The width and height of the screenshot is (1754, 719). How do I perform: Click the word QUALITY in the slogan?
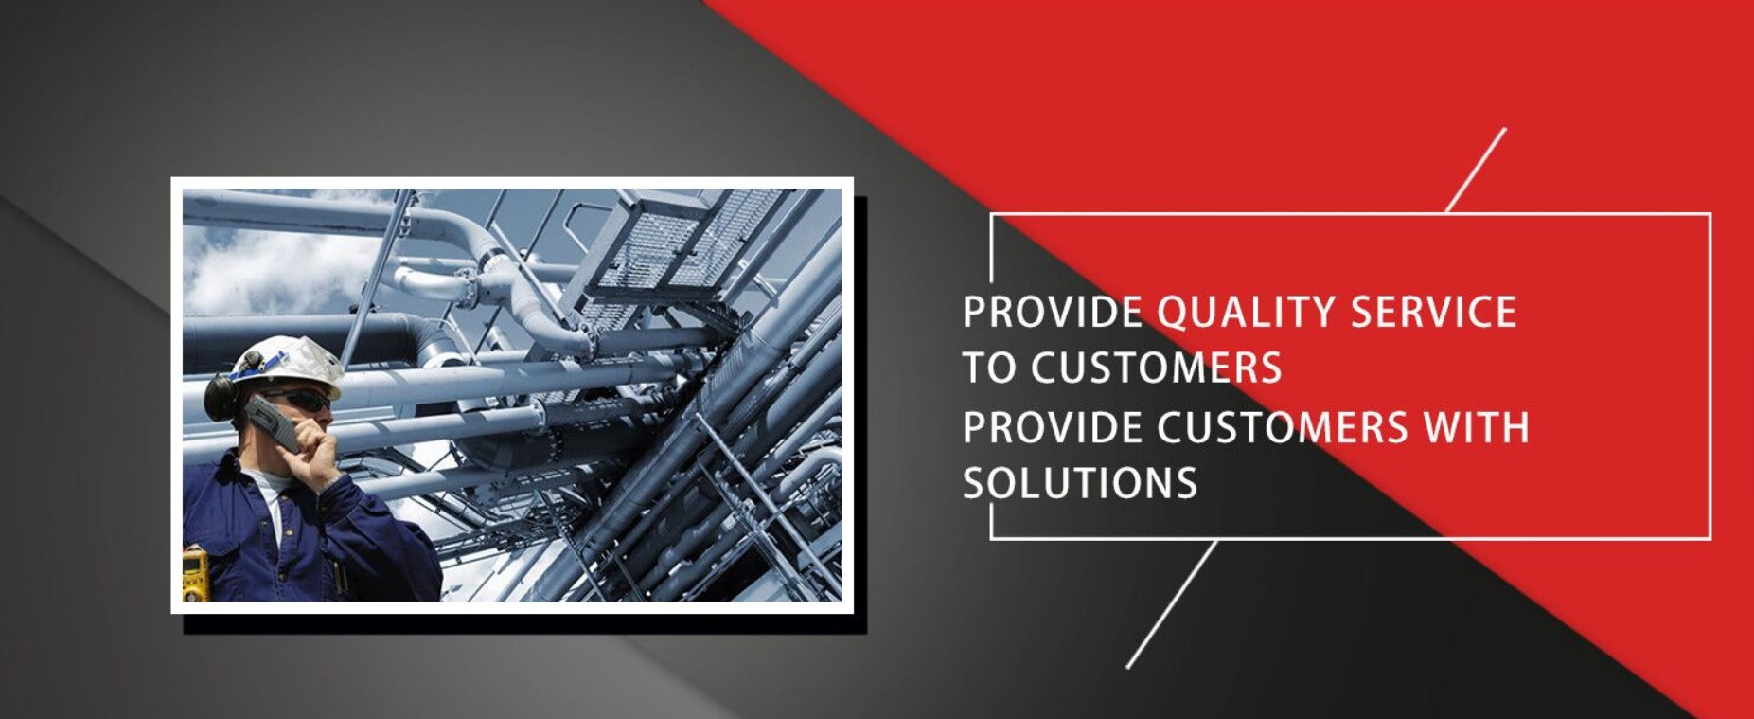click(x=1244, y=313)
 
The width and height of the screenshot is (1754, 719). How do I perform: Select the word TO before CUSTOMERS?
click(x=989, y=368)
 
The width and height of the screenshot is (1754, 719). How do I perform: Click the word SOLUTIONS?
click(x=1080, y=482)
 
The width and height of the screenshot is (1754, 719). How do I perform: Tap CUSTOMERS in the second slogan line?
click(x=1156, y=368)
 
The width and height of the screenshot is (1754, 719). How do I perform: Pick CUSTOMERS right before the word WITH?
click(x=1283, y=426)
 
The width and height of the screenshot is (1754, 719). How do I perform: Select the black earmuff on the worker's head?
click(x=220, y=396)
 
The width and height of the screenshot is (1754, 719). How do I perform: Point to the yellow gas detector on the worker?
click(x=195, y=574)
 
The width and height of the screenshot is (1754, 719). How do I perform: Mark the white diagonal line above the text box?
click(x=1476, y=171)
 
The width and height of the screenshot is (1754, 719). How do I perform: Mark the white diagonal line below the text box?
click(x=1172, y=604)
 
